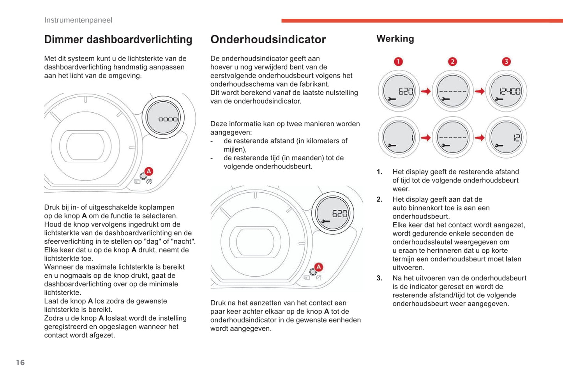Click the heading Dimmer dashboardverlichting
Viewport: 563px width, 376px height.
(x=118, y=40)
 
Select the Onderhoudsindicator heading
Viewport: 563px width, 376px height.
(x=268, y=40)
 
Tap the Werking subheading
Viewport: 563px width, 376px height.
(x=395, y=39)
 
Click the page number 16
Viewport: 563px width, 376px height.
(x=20, y=363)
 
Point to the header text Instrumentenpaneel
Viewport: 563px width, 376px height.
(x=78, y=20)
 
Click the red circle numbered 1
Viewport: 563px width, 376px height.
(x=398, y=62)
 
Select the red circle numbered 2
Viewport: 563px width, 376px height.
(x=452, y=62)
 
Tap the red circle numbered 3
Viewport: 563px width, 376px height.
(x=506, y=62)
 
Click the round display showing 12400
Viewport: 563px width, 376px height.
(x=506, y=91)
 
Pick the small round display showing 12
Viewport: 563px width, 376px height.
(x=506, y=138)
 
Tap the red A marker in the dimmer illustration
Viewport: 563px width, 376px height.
(x=148, y=171)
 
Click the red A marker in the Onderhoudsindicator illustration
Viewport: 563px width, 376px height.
(x=318, y=267)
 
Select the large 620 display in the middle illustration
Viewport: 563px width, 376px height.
(x=333, y=213)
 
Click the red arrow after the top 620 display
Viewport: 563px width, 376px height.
(x=426, y=91)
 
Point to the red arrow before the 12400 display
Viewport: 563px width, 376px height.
(x=480, y=91)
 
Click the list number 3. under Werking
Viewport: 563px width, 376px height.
(x=379, y=278)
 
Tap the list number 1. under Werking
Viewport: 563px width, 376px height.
(x=379, y=172)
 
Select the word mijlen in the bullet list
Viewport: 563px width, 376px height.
(x=234, y=149)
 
